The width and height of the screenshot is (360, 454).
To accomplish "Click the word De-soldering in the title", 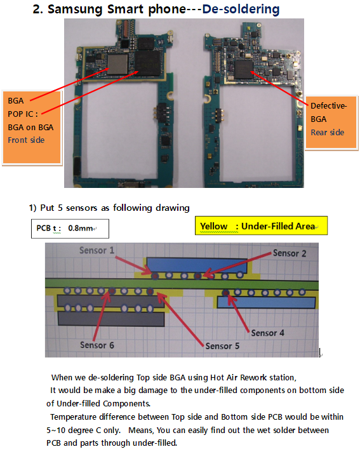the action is [x=241, y=9].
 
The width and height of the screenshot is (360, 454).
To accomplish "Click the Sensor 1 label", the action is [x=97, y=250].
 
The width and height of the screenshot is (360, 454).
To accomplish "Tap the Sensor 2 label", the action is [x=290, y=253].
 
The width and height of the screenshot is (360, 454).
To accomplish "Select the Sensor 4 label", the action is [x=267, y=333].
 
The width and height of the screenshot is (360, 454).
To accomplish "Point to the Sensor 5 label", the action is [x=222, y=346].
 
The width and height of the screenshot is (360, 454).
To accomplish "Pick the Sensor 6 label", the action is [x=97, y=345].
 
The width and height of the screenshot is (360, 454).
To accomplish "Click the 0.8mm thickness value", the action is [x=81, y=228].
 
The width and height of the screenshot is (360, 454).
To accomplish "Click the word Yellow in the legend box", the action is [x=214, y=226].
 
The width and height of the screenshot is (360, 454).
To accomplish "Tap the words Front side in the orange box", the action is [x=26, y=140].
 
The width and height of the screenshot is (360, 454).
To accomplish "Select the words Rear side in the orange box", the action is [x=327, y=133].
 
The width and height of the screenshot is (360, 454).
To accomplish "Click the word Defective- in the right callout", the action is [x=328, y=105].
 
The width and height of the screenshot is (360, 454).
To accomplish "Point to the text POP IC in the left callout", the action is [x=20, y=114].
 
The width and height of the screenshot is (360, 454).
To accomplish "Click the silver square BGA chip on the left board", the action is [x=117, y=64].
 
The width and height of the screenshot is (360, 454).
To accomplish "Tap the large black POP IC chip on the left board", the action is [x=148, y=63].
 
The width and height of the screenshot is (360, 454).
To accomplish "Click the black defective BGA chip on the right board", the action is [x=244, y=69].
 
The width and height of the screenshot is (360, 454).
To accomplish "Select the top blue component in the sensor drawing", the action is [x=197, y=265].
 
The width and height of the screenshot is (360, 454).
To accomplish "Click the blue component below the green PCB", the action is [x=266, y=303].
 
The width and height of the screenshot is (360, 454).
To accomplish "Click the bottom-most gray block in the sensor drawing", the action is [x=111, y=319].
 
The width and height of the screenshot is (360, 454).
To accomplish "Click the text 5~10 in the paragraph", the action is [x=56, y=431].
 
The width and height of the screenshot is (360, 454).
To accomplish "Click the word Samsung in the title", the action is [x=75, y=10].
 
